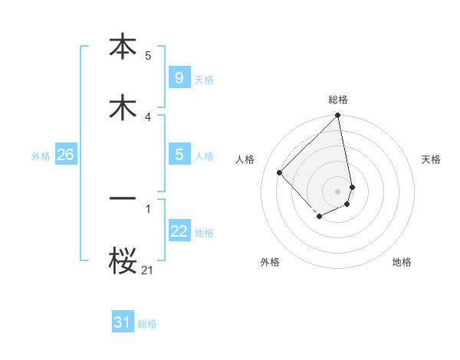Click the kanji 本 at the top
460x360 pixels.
[123, 47]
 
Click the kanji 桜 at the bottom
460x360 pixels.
[123, 260]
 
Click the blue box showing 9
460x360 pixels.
[179, 78]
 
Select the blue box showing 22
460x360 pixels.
[179, 231]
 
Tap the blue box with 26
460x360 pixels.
[65, 155]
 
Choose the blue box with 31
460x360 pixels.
[123, 322]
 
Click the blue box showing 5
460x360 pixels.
[179, 155]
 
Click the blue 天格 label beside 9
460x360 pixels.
[204, 80]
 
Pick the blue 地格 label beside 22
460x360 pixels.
[204, 233]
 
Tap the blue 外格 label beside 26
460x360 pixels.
[41, 156]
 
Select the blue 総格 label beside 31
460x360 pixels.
[147, 324]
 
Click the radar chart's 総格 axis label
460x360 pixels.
[338, 100]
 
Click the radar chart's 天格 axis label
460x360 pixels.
[431, 159]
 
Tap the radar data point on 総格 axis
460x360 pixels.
[338, 116]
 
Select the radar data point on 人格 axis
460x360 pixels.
[280, 172]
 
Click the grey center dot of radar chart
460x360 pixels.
[338, 191]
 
